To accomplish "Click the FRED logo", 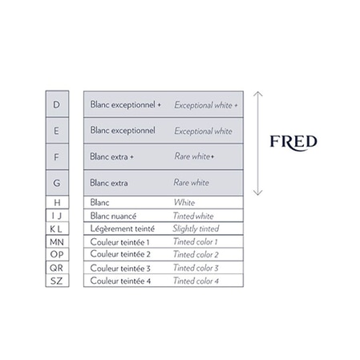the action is [x=293, y=142].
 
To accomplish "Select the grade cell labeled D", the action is [x=57, y=104].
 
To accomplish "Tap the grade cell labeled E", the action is [x=57, y=131].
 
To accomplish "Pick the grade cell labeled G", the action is [x=57, y=183].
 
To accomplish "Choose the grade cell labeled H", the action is [x=57, y=202].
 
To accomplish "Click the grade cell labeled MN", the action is [x=57, y=241].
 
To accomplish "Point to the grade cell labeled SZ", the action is [x=57, y=281].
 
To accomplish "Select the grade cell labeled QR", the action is [x=57, y=268].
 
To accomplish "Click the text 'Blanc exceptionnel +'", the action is [x=125, y=104].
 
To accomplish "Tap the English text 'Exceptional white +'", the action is [x=206, y=105].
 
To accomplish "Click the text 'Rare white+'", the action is [x=194, y=156].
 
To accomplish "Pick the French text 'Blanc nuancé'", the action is [x=113, y=216].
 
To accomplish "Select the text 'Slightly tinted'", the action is [x=196, y=229].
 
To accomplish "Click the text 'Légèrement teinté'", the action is [x=123, y=229].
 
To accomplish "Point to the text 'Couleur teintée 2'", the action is [x=120, y=254].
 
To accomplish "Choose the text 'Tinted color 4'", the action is [x=196, y=281].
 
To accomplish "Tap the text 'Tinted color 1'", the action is [x=196, y=241].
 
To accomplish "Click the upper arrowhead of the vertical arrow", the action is [x=257, y=94].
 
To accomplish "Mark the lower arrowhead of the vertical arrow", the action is [x=257, y=193].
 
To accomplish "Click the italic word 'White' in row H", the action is [x=184, y=202].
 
